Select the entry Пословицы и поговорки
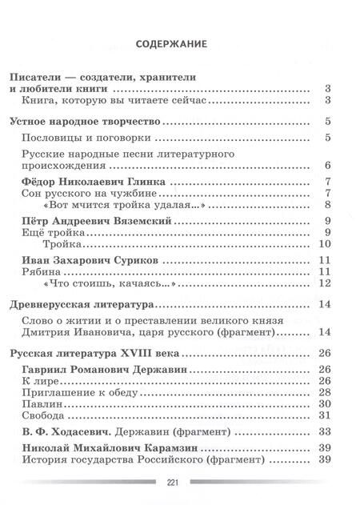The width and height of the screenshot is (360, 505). point(84,138)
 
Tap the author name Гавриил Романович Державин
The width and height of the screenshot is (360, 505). point(110,368)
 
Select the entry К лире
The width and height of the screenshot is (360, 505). point(39,380)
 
